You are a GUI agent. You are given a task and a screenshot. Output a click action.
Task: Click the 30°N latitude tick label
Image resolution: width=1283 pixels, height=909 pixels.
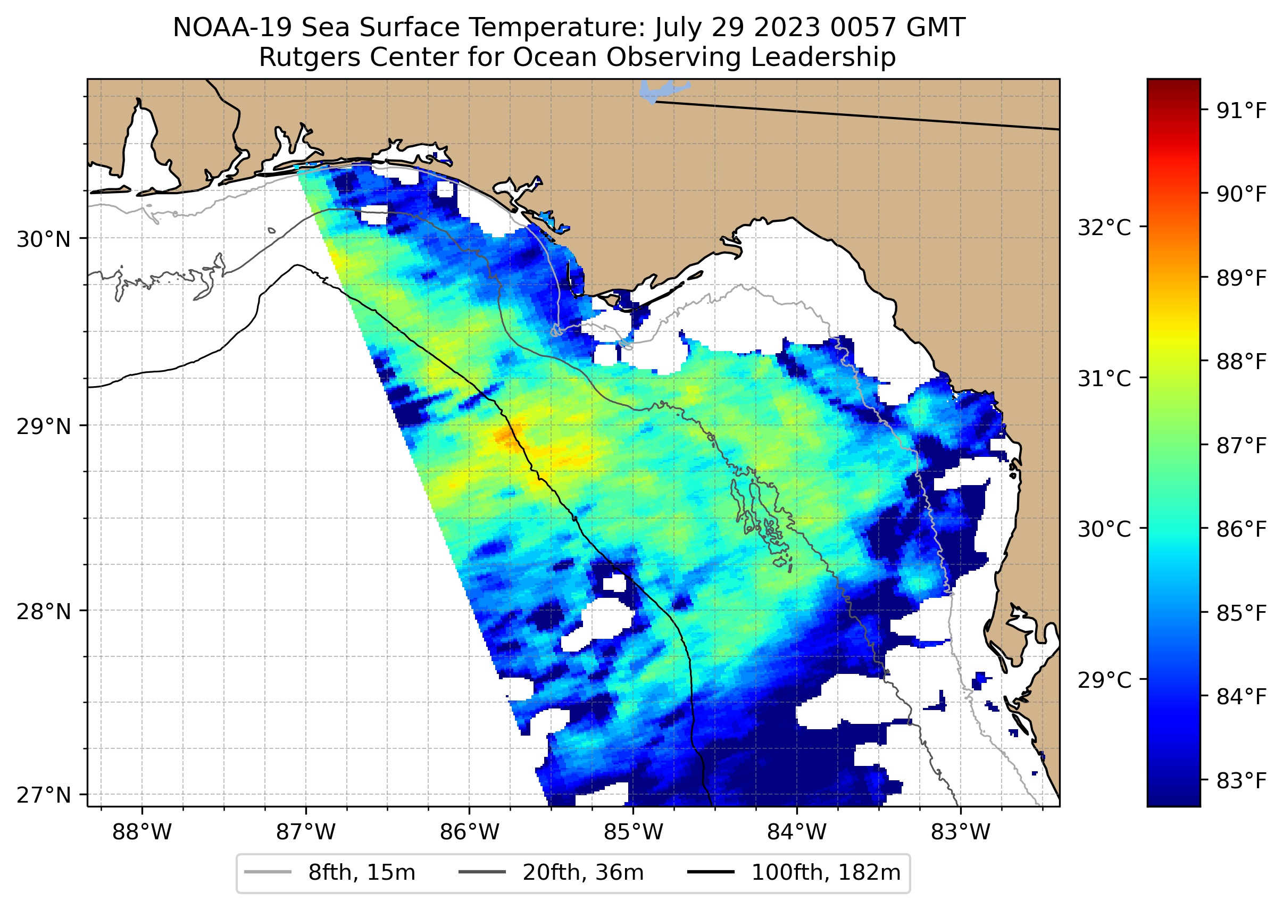pos(44,239)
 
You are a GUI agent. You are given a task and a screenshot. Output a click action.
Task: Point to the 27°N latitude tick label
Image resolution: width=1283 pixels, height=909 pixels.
pos(44,795)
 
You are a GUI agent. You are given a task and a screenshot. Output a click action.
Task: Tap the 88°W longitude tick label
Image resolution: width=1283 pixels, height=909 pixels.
pos(141,832)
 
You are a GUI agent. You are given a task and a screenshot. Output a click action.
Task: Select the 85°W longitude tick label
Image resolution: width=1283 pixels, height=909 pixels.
pos(633,832)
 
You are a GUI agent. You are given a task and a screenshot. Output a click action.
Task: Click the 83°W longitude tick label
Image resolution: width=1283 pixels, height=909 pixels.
pos(961,832)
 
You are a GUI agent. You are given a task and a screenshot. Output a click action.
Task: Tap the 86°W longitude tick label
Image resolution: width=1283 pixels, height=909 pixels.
pos(469,832)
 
